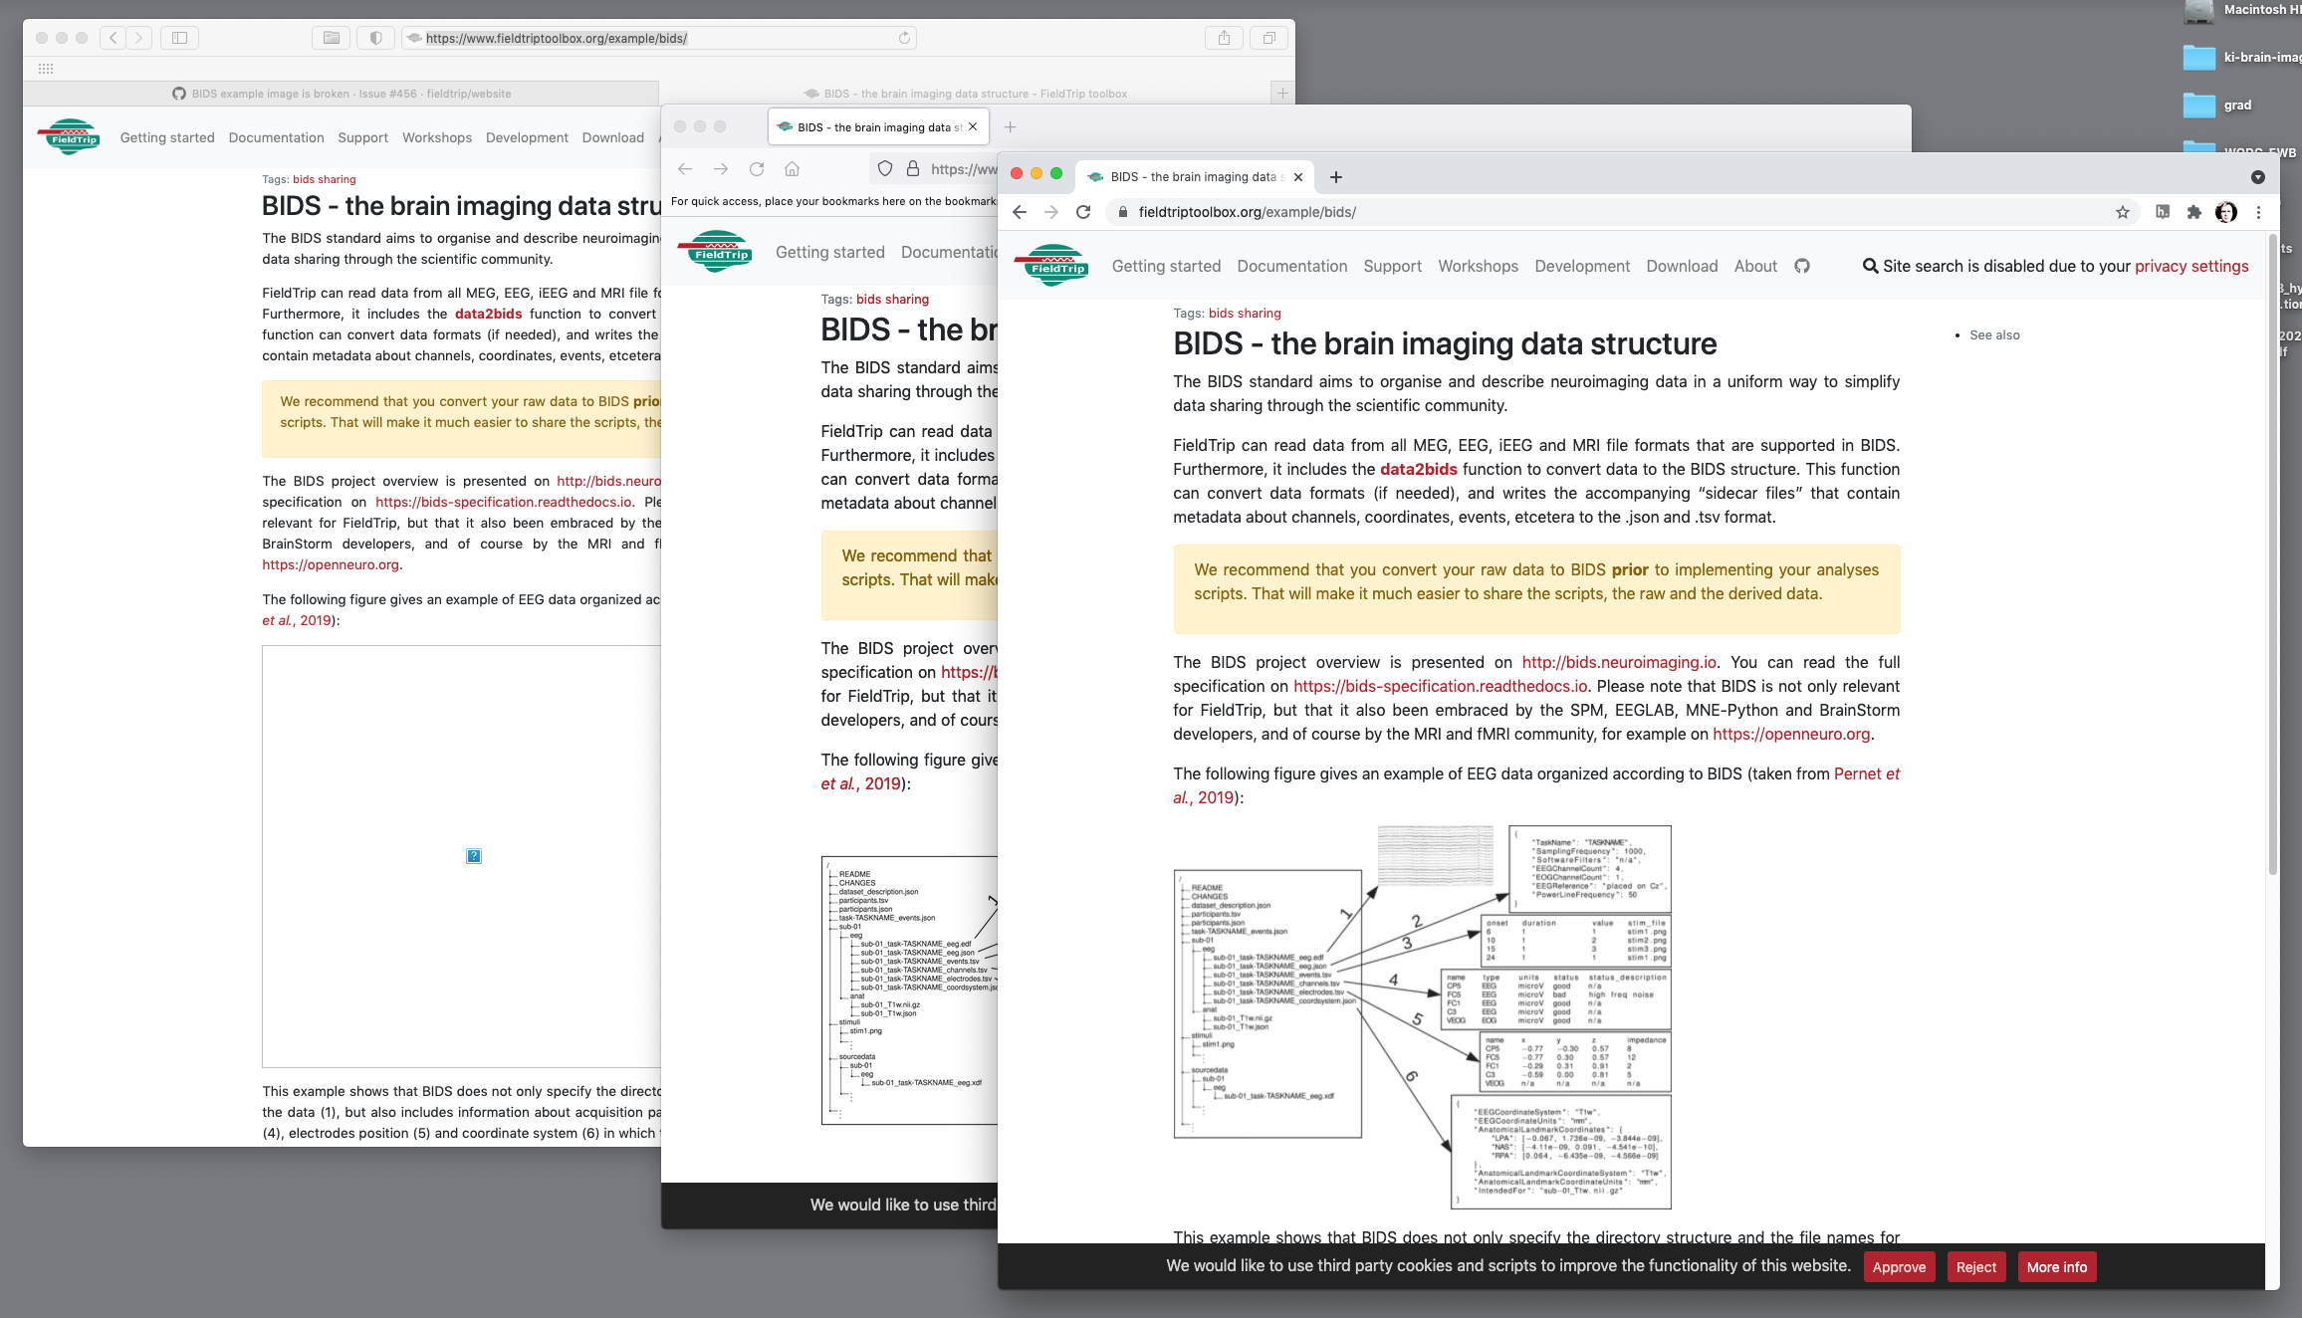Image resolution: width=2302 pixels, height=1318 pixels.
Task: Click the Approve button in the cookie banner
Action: (1899, 1266)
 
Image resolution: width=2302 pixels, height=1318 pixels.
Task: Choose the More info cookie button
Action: (2056, 1266)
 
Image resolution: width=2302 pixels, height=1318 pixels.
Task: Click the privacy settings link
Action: (2190, 266)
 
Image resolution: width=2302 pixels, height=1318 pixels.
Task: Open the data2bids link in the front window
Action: (1418, 469)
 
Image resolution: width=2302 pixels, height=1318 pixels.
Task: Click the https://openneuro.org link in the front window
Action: (1791, 734)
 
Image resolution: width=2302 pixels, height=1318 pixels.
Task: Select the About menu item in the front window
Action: (1754, 266)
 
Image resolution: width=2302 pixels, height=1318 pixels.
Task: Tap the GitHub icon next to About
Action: (1801, 266)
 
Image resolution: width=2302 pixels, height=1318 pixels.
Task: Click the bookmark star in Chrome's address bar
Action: (2122, 212)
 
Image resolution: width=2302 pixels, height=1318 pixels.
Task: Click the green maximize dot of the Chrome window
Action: (1056, 173)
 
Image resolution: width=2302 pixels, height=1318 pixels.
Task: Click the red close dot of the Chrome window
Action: (1017, 173)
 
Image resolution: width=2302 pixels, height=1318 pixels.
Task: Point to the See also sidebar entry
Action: (1993, 335)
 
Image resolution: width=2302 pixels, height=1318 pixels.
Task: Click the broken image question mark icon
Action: (474, 856)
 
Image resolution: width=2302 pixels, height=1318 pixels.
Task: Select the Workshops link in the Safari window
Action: (436, 137)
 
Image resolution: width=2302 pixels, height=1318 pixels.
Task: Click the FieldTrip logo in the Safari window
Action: (70, 136)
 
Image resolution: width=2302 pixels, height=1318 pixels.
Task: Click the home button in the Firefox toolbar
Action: (792, 169)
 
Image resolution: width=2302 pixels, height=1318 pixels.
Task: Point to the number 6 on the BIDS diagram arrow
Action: (1411, 1076)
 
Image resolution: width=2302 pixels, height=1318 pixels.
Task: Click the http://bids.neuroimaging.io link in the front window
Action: (1619, 662)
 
